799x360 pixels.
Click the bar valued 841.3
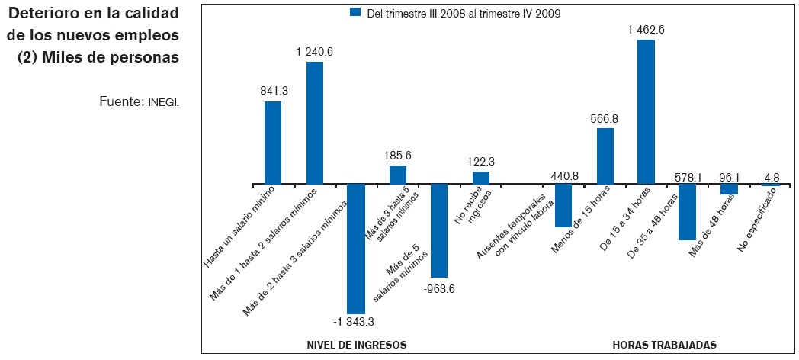273,143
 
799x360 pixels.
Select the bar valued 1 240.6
315,123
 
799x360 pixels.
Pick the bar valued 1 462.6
646,111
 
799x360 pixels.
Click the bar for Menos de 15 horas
605,156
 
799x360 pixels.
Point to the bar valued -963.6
438,230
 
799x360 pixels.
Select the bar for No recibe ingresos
481,178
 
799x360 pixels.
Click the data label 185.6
398,154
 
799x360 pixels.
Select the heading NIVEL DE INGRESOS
355,345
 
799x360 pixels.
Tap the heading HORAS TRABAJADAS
664,345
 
